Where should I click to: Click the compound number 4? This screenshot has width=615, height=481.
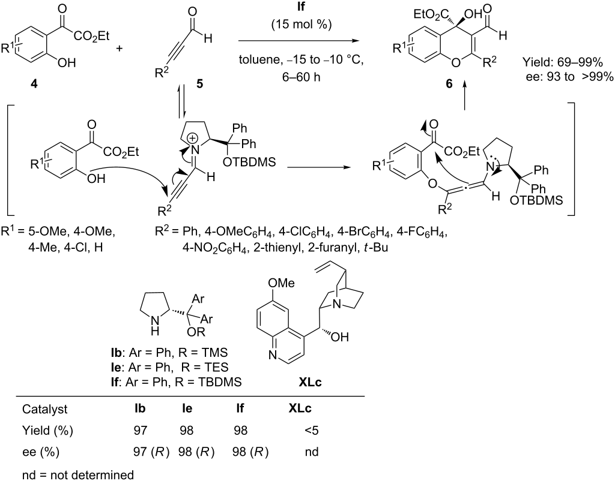point(34,84)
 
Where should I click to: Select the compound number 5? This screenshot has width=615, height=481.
point(199,84)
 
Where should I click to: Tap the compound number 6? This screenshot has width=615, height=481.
point(449,84)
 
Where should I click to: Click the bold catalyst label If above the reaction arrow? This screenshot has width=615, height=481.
point(301,7)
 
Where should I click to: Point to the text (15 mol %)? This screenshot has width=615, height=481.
point(301,24)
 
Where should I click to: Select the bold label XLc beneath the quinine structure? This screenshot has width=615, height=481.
point(310,382)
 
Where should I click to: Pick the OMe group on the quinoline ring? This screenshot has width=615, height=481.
point(281,283)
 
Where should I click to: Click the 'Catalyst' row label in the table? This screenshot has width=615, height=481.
point(44,409)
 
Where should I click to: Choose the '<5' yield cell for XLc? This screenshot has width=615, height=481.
point(312,431)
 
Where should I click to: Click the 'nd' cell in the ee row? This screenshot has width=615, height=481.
point(312,452)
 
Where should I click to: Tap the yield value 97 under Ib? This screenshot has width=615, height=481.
point(139,431)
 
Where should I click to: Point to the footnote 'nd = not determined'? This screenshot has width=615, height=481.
point(77,475)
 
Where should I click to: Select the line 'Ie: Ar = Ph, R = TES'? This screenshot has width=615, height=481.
point(169,367)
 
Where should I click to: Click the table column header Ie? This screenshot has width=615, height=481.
point(187,408)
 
